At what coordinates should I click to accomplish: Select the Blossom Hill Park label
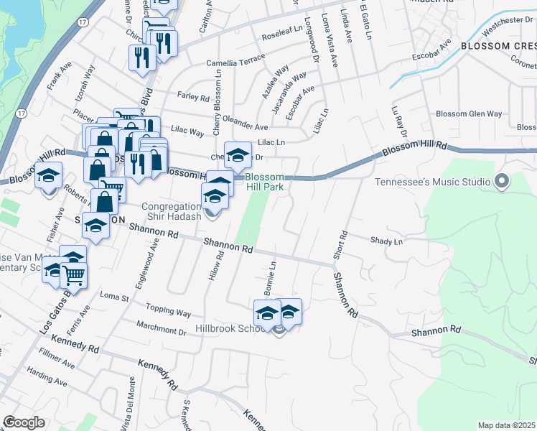pyautogui.click(x=264, y=182)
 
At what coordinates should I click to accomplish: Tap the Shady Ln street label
pyautogui.click(x=386, y=241)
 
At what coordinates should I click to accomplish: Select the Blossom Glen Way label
pyautogui.click(x=469, y=113)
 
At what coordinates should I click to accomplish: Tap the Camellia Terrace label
pyautogui.click(x=231, y=62)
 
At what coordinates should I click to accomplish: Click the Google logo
pyautogui.click(x=24, y=422)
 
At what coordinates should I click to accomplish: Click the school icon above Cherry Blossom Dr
pyautogui.click(x=238, y=154)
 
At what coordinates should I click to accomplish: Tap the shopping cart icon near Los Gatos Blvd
pyautogui.click(x=73, y=274)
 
